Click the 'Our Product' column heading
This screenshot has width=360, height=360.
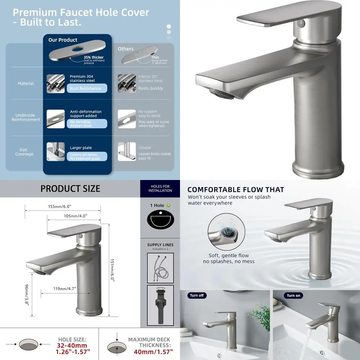click(x=63, y=40)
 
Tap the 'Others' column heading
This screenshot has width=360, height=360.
click(x=126, y=49)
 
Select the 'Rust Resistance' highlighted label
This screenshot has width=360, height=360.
click(x=85, y=89)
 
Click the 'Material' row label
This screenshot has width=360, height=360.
click(x=26, y=84)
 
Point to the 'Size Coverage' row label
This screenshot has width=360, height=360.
click(x=24, y=152)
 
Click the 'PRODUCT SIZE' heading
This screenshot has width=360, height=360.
click(x=70, y=189)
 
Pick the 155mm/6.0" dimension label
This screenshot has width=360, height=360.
click(x=60, y=207)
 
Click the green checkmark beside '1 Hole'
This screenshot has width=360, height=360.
click(x=168, y=205)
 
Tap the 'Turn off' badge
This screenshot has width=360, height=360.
click(x=197, y=296)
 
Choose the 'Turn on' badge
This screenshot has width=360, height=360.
click(x=293, y=296)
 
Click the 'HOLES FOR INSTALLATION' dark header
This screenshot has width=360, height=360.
click(x=160, y=189)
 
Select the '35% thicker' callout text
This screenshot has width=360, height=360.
click(x=94, y=58)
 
